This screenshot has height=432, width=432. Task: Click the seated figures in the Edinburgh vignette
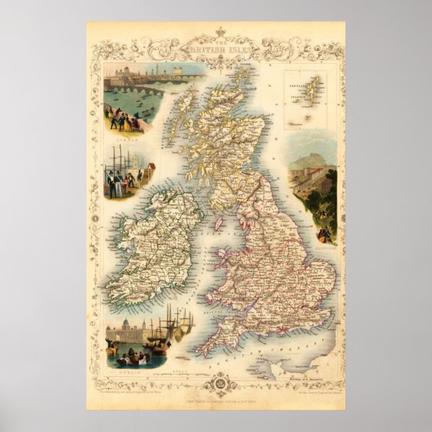325,234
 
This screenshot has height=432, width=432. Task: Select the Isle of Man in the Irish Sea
218,221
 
